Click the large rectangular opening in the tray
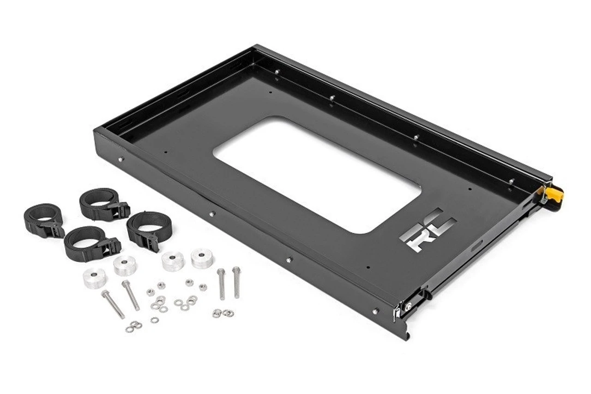[x=319, y=174]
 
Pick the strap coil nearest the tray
[x=149, y=230]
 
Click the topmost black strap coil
[x=99, y=204]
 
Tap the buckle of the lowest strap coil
[x=111, y=244]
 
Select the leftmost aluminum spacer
[x=95, y=278]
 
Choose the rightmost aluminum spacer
[x=202, y=258]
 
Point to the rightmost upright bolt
[x=236, y=282]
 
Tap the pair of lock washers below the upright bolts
[x=223, y=313]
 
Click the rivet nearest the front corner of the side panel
[x=375, y=311]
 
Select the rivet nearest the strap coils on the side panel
[x=121, y=159]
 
